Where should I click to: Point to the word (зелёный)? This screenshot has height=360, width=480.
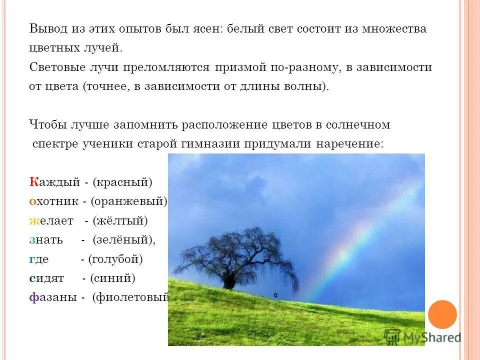pyautogui.click(x=124, y=240)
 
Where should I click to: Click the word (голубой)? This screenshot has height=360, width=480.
pyautogui.click(x=115, y=259)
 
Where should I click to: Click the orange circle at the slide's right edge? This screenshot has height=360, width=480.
pyautogui.click(x=442, y=314)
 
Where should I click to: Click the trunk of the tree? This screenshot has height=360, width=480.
pyautogui.click(x=229, y=280)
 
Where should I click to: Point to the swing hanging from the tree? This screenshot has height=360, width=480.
pyautogui.click(x=275, y=295)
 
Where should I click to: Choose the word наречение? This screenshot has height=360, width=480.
pyautogui.click(x=349, y=144)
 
